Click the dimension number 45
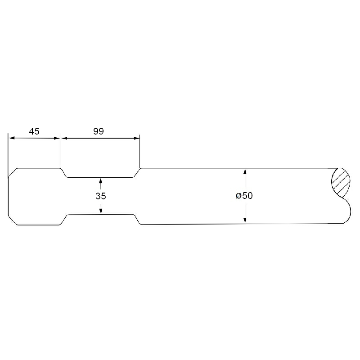[34, 131]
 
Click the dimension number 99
[99, 131]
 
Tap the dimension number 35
[101, 196]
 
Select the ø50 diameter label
[244, 196]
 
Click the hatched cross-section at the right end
[341, 183]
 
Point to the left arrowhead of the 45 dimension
[12, 138]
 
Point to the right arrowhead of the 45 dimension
[57, 138]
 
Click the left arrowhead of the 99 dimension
[65, 138]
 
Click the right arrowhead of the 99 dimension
[137, 138]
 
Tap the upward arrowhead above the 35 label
[100, 181]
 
